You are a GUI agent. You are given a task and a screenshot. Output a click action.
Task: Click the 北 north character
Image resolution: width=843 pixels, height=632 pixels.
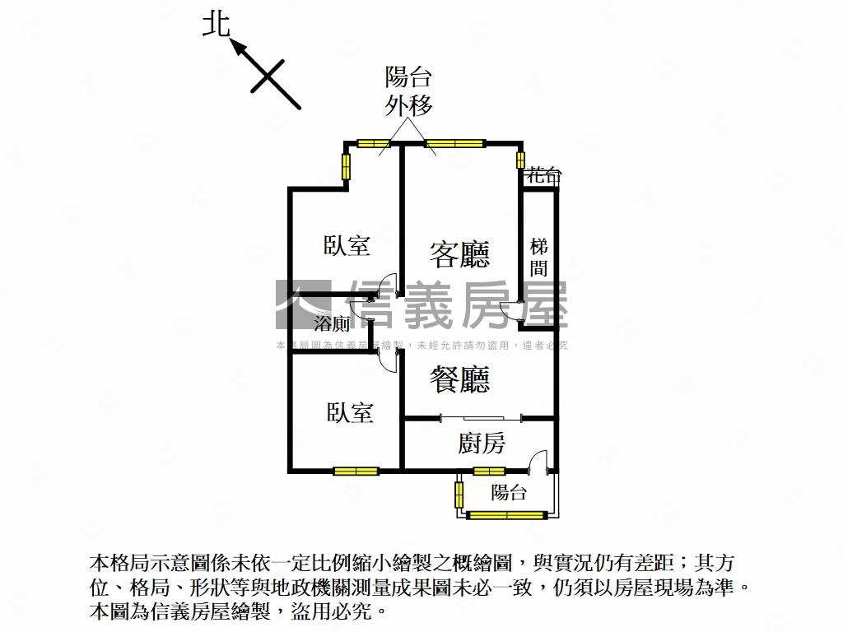[216, 25]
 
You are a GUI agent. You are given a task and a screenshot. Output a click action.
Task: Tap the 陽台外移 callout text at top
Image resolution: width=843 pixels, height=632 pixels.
[409, 91]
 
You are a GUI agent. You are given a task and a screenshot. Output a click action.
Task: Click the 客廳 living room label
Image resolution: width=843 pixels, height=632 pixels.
[459, 253]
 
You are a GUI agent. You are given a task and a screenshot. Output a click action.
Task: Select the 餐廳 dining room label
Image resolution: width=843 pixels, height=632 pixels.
[459, 379]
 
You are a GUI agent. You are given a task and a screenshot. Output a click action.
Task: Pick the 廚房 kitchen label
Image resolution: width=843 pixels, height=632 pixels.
[482, 444]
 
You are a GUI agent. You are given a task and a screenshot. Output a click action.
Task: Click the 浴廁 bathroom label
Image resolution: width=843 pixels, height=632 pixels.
[333, 323]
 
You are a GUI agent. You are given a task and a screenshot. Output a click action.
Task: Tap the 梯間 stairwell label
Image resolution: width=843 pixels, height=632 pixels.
[539, 257]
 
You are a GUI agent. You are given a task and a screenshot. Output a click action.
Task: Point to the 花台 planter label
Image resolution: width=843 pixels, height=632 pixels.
[544, 175]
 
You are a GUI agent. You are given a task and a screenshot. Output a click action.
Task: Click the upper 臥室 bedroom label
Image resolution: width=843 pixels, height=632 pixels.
[347, 245]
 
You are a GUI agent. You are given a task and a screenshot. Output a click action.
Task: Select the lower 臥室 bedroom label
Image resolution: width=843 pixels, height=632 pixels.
[350, 412]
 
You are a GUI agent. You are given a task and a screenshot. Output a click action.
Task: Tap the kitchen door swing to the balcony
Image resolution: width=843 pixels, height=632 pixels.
[538, 460]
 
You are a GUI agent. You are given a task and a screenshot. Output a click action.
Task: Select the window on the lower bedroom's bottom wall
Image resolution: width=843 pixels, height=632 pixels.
[356, 472]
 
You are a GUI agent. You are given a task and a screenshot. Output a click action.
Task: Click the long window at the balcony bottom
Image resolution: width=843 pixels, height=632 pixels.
[506, 516]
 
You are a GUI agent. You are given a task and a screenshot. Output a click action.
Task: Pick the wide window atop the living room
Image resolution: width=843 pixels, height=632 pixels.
[455, 144]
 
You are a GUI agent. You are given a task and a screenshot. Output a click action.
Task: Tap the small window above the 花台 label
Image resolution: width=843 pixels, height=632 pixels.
[520, 159]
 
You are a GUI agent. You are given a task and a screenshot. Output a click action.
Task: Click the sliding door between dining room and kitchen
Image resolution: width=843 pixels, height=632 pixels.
[481, 418]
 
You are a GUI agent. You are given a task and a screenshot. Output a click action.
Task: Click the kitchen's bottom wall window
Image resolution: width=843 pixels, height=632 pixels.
[489, 472]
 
